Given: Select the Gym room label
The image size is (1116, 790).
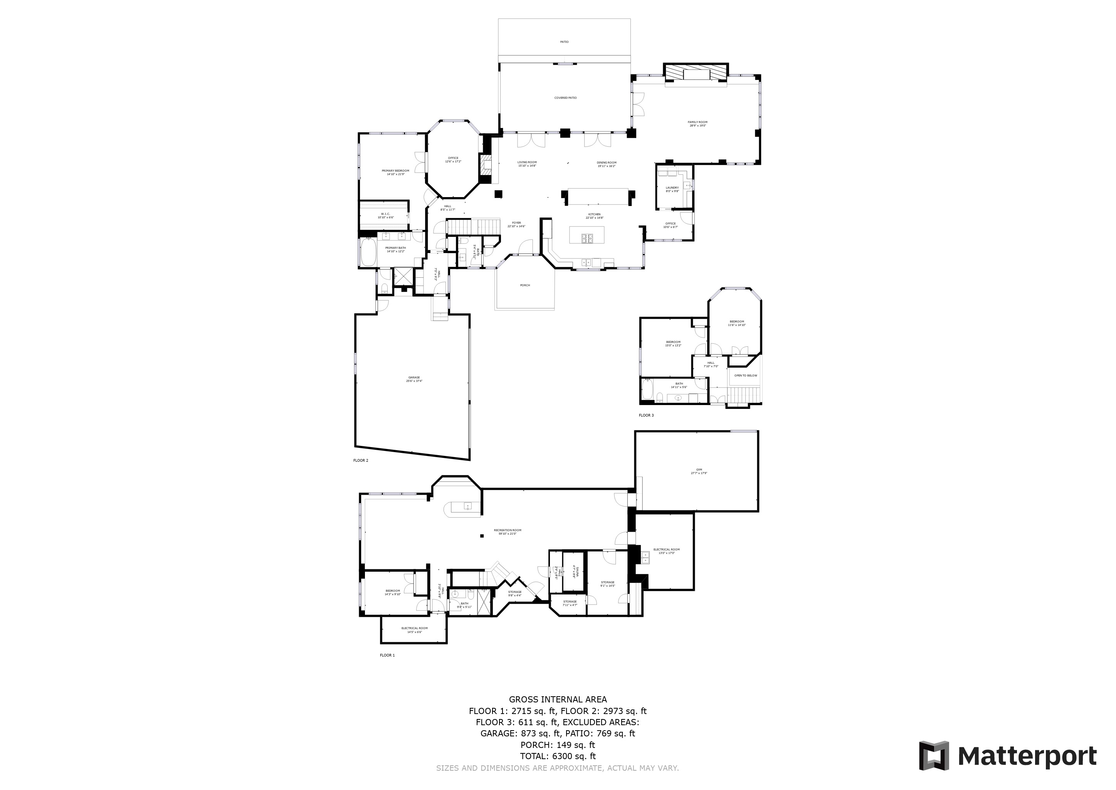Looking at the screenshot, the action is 699,471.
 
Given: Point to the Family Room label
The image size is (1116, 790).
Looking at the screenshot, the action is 697,123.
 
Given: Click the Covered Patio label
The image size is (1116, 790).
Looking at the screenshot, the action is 565,98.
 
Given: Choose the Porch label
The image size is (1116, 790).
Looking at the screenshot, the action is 525,285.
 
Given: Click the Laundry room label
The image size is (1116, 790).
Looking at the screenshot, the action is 672,189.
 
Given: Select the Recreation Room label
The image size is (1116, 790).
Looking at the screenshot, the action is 508,532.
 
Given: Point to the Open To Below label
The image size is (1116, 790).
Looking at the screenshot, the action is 746,376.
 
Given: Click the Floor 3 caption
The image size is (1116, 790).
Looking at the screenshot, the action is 646,415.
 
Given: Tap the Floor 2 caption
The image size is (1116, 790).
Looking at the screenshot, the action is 361,460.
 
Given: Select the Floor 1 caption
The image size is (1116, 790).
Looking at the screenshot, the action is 387,655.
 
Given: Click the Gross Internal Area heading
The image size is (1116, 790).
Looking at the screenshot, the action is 558,699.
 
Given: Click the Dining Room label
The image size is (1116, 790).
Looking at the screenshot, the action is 607,164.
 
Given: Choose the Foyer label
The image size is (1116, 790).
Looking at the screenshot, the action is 516,224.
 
